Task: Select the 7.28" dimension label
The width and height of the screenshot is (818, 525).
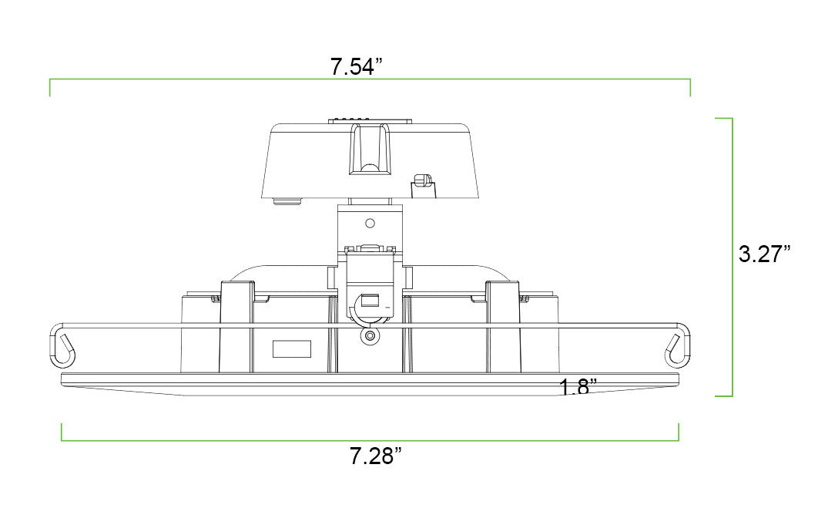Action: tap(375, 456)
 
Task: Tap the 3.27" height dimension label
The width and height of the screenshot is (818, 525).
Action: tap(764, 254)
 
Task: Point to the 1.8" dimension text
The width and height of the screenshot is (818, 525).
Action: tap(578, 387)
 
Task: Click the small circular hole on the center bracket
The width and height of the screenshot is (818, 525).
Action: tap(370, 224)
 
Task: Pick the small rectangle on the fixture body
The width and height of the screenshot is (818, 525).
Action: tap(292, 349)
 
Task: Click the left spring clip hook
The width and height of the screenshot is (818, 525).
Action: tap(62, 345)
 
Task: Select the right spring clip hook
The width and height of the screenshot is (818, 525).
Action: tap(677, 345)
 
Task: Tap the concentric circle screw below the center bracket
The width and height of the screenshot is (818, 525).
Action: tap(370, 335)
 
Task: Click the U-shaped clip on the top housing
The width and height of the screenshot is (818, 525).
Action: tap(370, 148)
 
